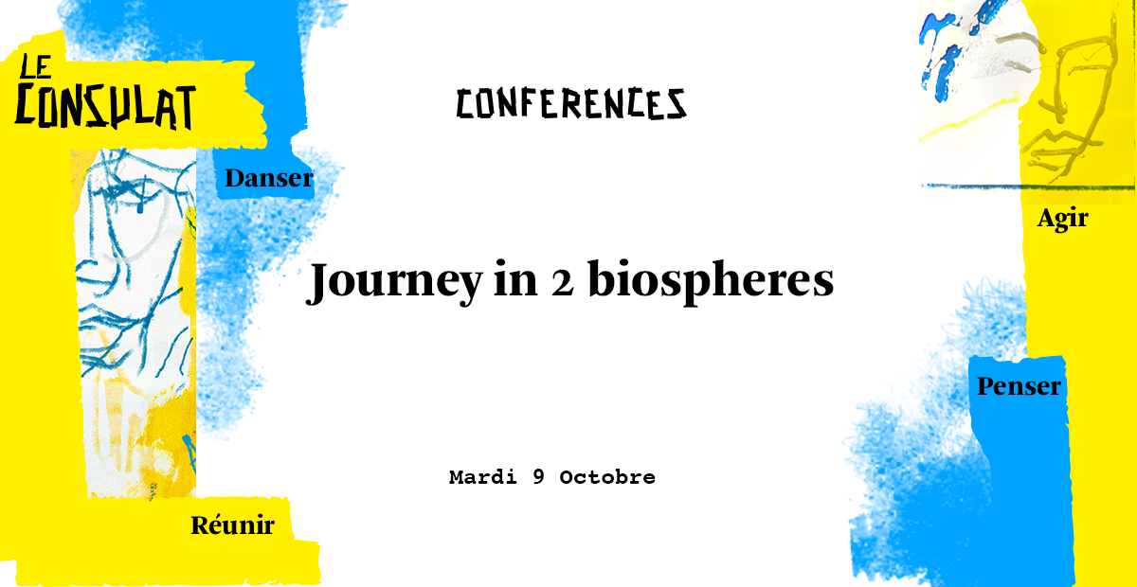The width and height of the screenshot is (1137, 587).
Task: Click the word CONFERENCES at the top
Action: pos(571,104)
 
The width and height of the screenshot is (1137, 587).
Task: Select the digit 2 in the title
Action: pos(563,283)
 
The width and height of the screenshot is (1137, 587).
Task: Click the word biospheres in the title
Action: pos(711,281)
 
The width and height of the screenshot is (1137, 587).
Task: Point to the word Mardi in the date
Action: pos(482,477)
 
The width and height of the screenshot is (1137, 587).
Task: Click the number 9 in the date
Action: pos(538,477)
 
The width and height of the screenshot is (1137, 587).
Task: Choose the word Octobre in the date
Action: pos(607,477)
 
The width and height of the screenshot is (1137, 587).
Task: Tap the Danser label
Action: pos(269,178)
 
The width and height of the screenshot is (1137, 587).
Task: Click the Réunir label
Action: pos(233,525)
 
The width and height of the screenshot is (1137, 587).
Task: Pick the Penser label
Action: pos(1019,386)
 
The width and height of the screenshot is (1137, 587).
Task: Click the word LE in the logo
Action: pos(36,66)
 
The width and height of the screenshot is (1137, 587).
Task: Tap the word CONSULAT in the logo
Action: pos(105,107)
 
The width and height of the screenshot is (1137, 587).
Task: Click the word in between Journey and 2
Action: pos(515,280)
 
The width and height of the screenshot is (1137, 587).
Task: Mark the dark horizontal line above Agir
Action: pos(1027,187)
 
